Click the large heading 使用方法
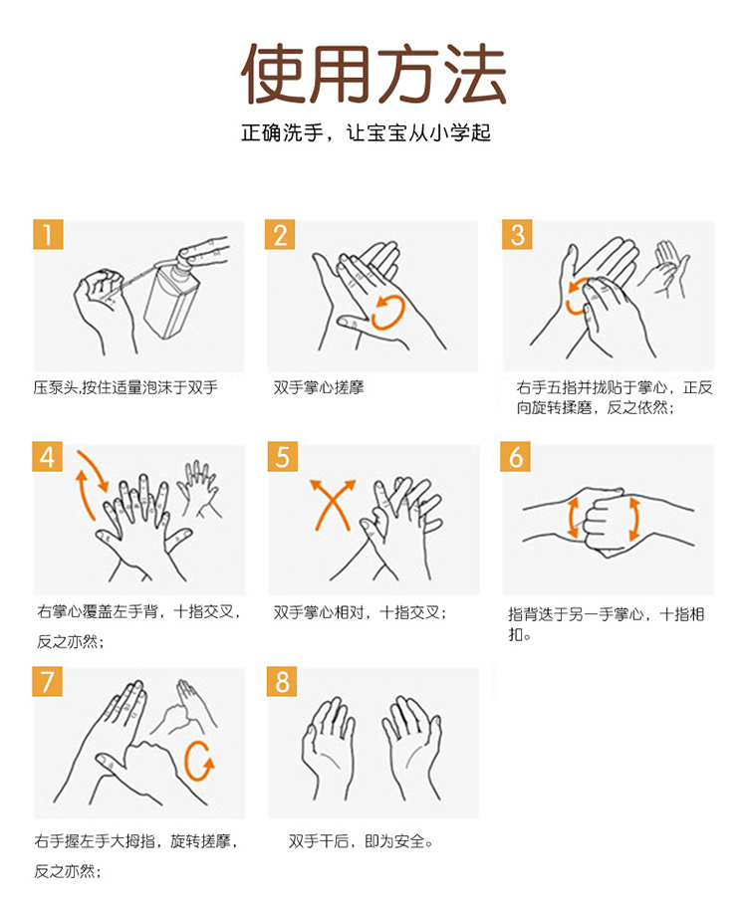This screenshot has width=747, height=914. coord(373,74)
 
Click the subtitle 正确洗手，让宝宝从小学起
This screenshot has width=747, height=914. coord(366,132)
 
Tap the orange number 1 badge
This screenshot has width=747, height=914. coord(48,234)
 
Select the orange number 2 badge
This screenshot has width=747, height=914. coord(280,234)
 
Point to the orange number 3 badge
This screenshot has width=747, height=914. coord(517,234)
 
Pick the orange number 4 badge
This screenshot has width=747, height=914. coord(47,456)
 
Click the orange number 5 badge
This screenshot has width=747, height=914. coord(283,456)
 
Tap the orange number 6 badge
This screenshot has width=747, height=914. coord(516,456)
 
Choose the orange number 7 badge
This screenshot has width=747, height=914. coord(47,681)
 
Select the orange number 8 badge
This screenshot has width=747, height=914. coord(282,681)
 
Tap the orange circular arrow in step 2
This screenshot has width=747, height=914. coord(388,312)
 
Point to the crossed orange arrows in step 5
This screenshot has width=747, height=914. coord(333,504)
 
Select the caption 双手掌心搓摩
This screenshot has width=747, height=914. coord(319,387)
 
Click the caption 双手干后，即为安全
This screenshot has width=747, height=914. coord(361,841)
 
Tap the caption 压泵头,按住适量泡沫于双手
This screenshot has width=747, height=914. coord(125,387)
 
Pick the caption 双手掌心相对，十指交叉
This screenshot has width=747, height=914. coord(360,612)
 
